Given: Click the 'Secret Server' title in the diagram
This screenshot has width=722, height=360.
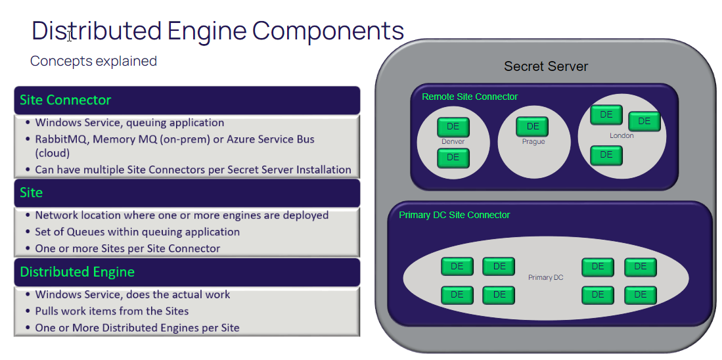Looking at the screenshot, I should point(545,66).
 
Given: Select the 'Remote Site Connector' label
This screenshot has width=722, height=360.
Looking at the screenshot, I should point(469,97).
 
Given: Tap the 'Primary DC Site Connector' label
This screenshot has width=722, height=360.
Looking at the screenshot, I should point(454,215).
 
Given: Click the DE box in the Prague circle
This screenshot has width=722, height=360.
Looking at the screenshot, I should point(532,127).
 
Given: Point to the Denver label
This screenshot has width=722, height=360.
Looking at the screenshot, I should point(453,141).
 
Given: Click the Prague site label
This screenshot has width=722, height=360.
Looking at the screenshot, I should point(533,141).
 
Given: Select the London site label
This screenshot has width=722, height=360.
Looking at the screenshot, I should point(621,135).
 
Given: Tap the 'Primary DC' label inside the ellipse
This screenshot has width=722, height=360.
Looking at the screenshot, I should point(545,278).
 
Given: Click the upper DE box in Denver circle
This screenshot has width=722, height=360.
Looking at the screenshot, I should point(453,127).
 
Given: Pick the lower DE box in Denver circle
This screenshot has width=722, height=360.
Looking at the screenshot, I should point(453,158).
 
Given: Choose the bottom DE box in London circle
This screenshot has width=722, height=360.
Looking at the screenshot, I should point(606,155).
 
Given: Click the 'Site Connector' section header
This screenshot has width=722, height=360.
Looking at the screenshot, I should point(65,100).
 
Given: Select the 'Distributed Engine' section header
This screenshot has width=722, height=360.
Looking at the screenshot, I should point(77,271).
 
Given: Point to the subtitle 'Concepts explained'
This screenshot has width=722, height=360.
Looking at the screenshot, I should point(93,61).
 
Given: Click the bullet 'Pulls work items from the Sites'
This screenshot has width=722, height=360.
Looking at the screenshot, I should point(112,311).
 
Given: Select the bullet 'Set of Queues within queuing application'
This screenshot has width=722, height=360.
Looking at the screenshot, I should point(137,232).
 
